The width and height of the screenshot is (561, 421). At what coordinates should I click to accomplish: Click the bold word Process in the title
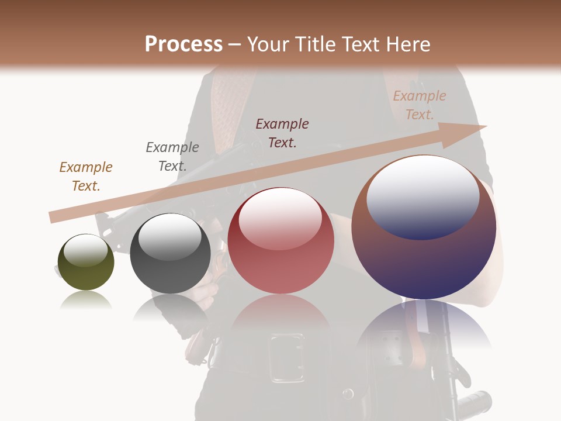183,44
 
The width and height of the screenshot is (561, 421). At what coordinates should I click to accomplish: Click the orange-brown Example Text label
86,176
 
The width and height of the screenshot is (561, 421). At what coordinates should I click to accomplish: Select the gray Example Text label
172,156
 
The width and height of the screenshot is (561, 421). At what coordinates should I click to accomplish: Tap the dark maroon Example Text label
282,133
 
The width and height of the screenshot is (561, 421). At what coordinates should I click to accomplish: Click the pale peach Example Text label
420,105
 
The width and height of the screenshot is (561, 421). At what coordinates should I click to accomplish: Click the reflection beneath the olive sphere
86,301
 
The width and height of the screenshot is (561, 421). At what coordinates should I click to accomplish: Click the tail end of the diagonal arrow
54,217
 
